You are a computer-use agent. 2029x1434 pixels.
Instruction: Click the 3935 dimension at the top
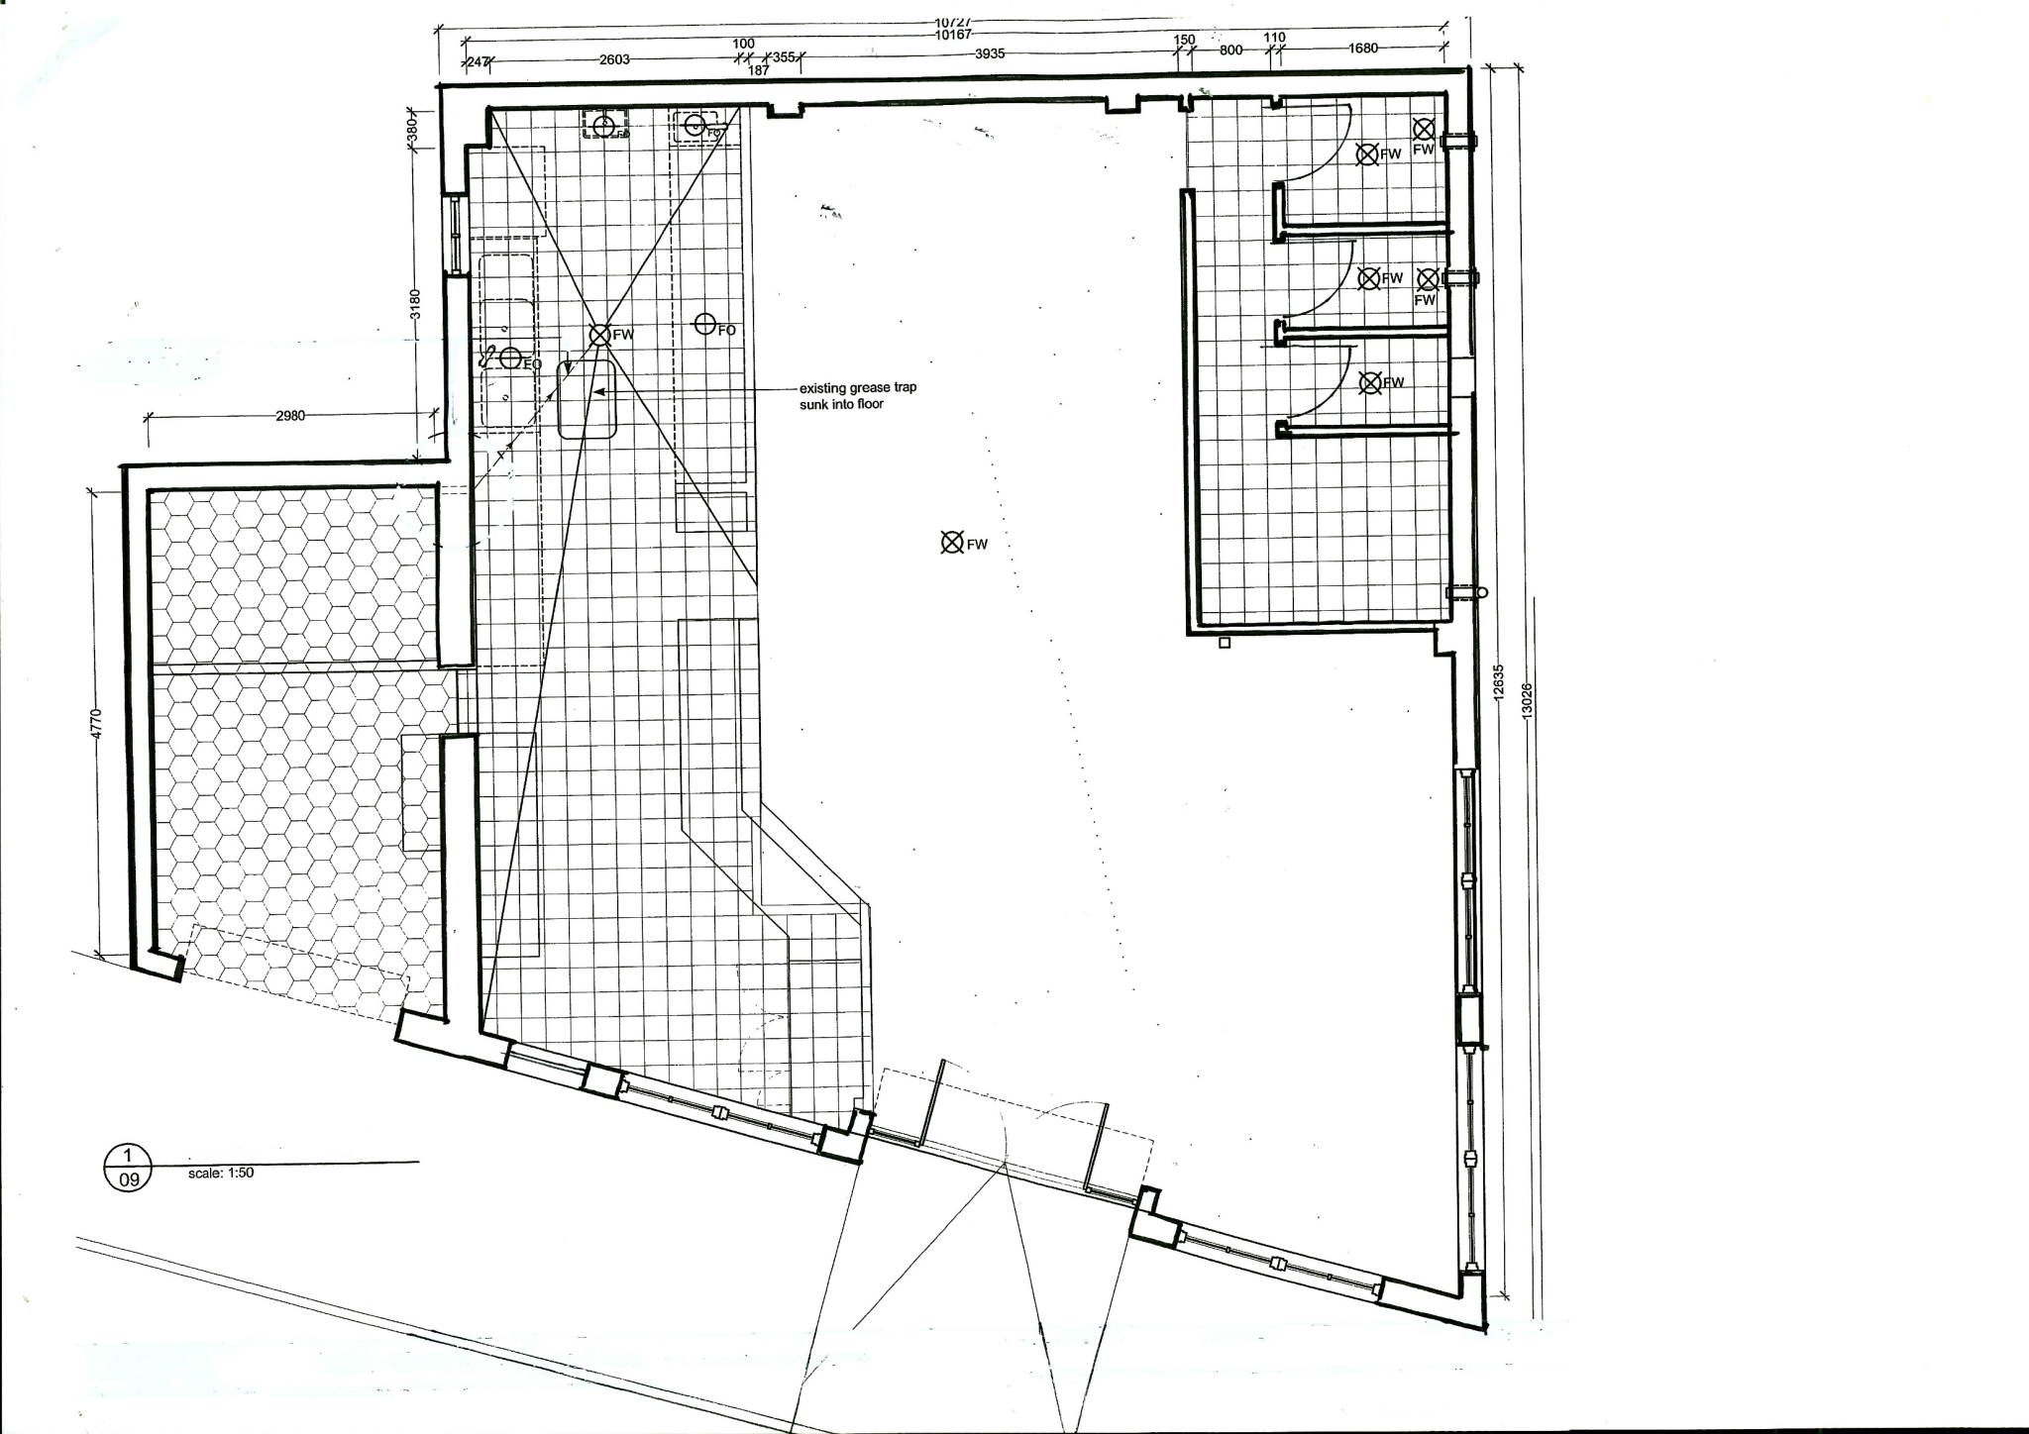click(990, 54)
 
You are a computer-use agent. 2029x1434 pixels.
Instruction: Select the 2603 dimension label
click(614, 59)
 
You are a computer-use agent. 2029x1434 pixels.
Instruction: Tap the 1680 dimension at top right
click(1363, 48)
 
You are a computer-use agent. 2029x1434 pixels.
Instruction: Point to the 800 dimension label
click(1230, 50)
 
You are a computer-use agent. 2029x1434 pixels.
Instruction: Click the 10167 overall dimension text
click(952, 35)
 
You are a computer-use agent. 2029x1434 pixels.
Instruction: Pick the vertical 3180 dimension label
click(416, 303)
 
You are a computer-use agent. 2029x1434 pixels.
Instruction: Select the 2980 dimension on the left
click(290, 416)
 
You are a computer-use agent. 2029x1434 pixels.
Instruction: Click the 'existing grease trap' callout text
click(857, 396)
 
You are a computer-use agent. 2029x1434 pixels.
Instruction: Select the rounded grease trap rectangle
click(587, 399)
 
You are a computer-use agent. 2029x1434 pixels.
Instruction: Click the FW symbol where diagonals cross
click(599, 335)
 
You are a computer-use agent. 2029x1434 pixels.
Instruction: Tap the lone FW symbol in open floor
click(952, 542)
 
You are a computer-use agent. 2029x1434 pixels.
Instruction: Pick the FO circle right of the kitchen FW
click(704, 323)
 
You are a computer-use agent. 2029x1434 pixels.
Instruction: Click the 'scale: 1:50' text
click(221, 1173)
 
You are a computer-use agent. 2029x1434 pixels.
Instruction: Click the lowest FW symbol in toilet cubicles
click(1370, 382)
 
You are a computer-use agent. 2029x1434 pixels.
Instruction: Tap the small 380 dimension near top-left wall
click(414, 127)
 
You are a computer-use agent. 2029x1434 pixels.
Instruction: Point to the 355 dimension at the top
click(783, 57)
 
